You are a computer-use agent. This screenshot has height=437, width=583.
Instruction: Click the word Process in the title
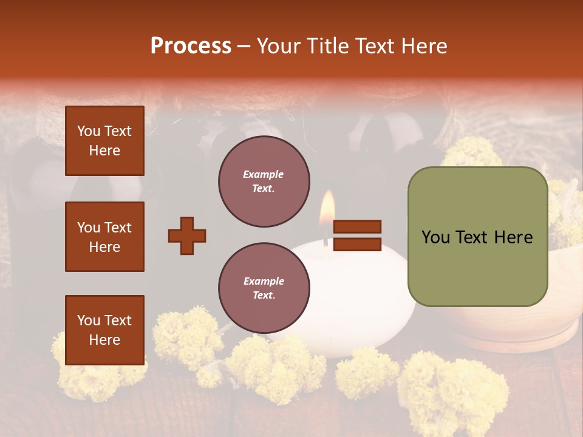pyautogui.click(x=191, y=46)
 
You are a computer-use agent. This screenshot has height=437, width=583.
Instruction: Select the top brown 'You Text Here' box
pyautogui.click(x=104, y=141)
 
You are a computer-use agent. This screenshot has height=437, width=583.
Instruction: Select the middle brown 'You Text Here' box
pyautogui.click(x=104, y=237)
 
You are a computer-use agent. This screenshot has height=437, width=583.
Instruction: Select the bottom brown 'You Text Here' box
pyautogui.click(x=104, y=330)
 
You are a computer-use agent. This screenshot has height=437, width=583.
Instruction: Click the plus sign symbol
pyautogui.click(x=187, y=235)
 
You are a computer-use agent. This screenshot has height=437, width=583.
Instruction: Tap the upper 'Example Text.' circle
pyautogui.click(x=264, y=181)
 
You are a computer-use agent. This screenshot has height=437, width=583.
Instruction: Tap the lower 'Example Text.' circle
pyautogui.click(x=264, y=288)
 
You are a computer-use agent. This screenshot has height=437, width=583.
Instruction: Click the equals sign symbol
pyautogui.click(x=358, y=235)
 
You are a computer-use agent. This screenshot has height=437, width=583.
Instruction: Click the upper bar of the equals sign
pyautogui.click(x=358, y=226)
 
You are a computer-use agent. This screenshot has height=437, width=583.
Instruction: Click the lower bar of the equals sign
pyautogui.click(x=358, y=245)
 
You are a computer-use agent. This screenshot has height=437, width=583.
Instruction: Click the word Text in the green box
pyautogui.click(x=477, y=237)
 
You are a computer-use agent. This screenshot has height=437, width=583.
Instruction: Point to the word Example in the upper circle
pyautogui.click(x=264, y=174)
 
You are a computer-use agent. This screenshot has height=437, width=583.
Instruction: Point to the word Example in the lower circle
pyautogui.click(x=264, y=281)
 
